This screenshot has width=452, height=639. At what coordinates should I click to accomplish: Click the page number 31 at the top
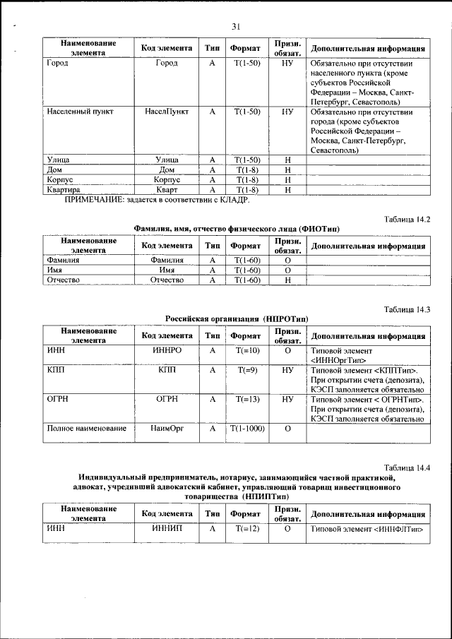[236, 27]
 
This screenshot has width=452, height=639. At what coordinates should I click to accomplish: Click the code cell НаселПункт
[167, 112]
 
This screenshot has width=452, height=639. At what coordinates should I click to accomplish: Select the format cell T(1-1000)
[246, 429]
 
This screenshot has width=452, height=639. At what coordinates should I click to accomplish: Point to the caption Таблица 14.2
[407, 220]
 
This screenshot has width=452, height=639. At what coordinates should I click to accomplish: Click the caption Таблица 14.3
[407, 309]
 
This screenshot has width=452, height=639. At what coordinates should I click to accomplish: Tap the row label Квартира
[63, 190]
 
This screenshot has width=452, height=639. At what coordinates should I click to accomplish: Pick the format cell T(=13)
[246, 399]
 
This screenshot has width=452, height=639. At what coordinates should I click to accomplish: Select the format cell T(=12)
[246, 528]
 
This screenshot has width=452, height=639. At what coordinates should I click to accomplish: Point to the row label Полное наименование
[86, 429]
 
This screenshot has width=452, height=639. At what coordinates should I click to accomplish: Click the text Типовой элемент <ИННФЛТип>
[367, 528]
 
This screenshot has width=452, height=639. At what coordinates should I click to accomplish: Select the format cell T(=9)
[246, 369]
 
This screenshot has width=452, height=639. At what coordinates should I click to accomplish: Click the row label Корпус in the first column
[60, 180]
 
